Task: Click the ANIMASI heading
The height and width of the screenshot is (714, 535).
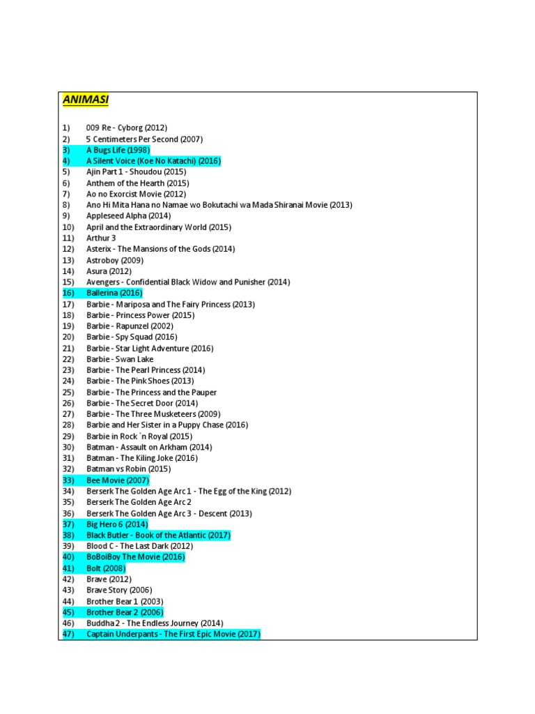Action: click(x=86, y=100)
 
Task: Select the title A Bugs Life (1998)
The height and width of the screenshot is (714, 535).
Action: click(x=118, y=150)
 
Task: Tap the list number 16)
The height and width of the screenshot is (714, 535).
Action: click(x=68, y=293)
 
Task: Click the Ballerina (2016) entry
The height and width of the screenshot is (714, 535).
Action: click(x=114, y=293)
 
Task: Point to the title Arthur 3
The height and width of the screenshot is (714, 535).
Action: click(x=101, y=238)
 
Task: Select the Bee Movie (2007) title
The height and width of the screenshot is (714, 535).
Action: click(x=117, y=480)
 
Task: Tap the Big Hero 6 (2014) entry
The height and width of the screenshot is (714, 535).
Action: click(x=117, y=524)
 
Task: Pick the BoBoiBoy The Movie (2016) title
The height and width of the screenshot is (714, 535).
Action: click(x=135, y=557)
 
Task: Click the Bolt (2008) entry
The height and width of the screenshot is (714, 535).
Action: click(x=106, y=568)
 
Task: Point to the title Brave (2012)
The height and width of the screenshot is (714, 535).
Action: click(x=109, y=579)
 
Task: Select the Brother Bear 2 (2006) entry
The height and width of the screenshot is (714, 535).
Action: click(x=124, y=612)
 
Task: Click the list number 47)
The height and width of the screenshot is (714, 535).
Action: click(x=68, y=635)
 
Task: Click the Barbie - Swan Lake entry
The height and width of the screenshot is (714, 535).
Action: click(x=120, y=359)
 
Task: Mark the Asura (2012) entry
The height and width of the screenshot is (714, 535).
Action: click(x=109, y=271)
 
